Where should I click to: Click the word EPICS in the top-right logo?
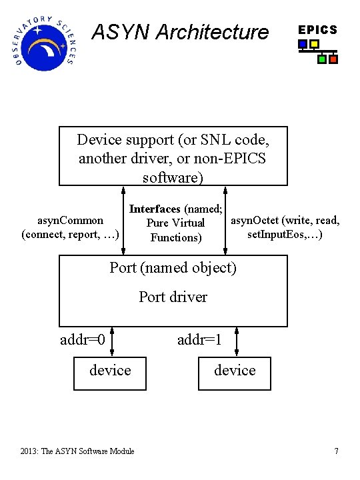(x=317, y=30)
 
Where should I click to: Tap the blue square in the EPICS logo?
(x=303, y=45)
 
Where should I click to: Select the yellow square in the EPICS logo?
(x=314, y=45)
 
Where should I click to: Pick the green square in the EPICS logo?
(x=322, y=59)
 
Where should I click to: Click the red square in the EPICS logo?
(x=333, y=59)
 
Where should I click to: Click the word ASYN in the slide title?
(x=115, y=32)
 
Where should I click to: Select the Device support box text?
(x=173, y=158)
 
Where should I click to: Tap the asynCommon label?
(x=70, y=220)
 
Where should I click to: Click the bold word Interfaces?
(x=155, y=209)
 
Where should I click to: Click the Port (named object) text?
(x=173, y=267)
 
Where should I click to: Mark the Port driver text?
(x=173, y=297)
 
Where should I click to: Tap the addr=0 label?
(x=83, y=340)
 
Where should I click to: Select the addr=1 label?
(x=199, y=340)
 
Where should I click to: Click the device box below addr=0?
(x=110, y=371)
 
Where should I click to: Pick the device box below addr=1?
(x=235, y=371)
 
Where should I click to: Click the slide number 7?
(x=336, y=451)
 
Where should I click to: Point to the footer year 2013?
(x=29, y=451)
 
